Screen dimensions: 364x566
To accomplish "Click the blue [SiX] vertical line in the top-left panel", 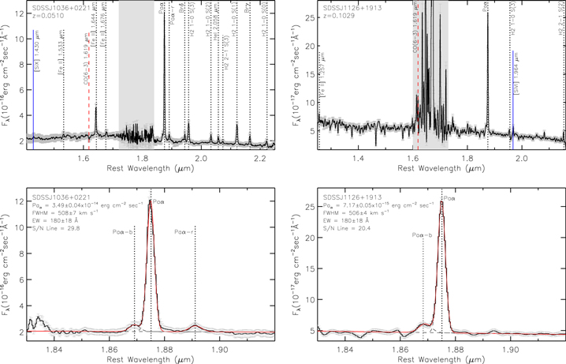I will click(34, 87).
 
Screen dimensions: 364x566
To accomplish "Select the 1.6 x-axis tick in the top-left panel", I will click(84, 157).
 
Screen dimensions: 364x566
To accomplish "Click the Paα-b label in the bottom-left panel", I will click(123, 232).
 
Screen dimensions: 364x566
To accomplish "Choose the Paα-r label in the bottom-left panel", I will click(185, 232).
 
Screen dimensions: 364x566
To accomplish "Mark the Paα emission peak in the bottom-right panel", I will click(441, 201).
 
